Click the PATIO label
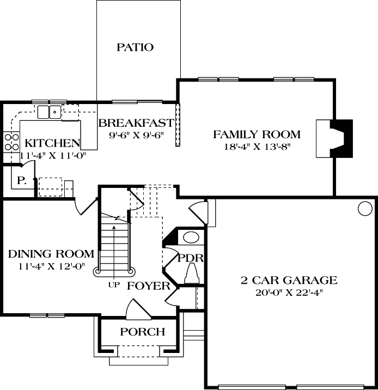click(x=135, y=47)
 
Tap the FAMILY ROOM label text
click(x=257, y=134)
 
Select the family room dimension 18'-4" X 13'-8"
click(x=257, y=147)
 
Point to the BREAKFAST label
click(x=136, y=123)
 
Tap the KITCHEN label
click(x=50, y=144)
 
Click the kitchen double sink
click(x=49, y=112)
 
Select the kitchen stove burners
click(x=11, y=142)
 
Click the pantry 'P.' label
click(x=22, y=180)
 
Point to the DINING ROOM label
click(x=51, y=254)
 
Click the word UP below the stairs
click(x=113, y=284)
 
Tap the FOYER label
click(x=149, y=286)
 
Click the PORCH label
click(x=142, y=332)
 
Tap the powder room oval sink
click(x=191, y=237)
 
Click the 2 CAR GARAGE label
click(x=289, y=281)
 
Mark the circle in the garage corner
click(x=364, y=208)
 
